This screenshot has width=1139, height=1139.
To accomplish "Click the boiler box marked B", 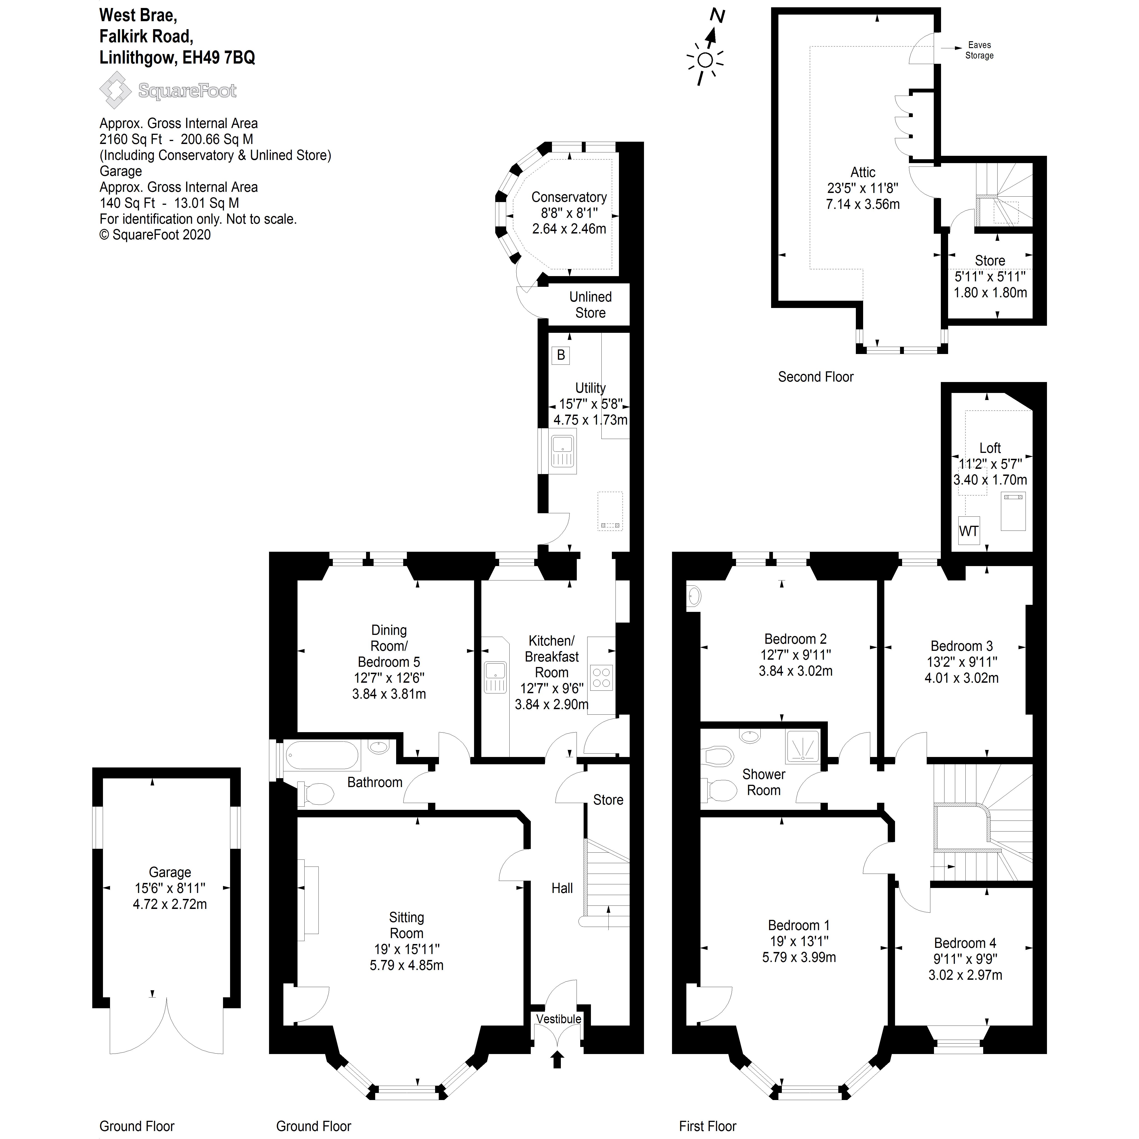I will [561, 355].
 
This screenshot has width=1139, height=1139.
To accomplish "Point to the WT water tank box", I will [969, 531].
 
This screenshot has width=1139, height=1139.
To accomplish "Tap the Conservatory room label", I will [569, 198].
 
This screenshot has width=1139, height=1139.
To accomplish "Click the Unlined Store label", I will [590, 305].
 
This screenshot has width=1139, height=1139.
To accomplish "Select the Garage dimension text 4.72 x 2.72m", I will [170, 904].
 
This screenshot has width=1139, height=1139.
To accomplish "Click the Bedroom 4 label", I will [965, 943].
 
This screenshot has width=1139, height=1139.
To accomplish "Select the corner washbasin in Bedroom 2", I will [694, 596].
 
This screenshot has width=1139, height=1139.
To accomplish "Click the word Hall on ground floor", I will [562, 888].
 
